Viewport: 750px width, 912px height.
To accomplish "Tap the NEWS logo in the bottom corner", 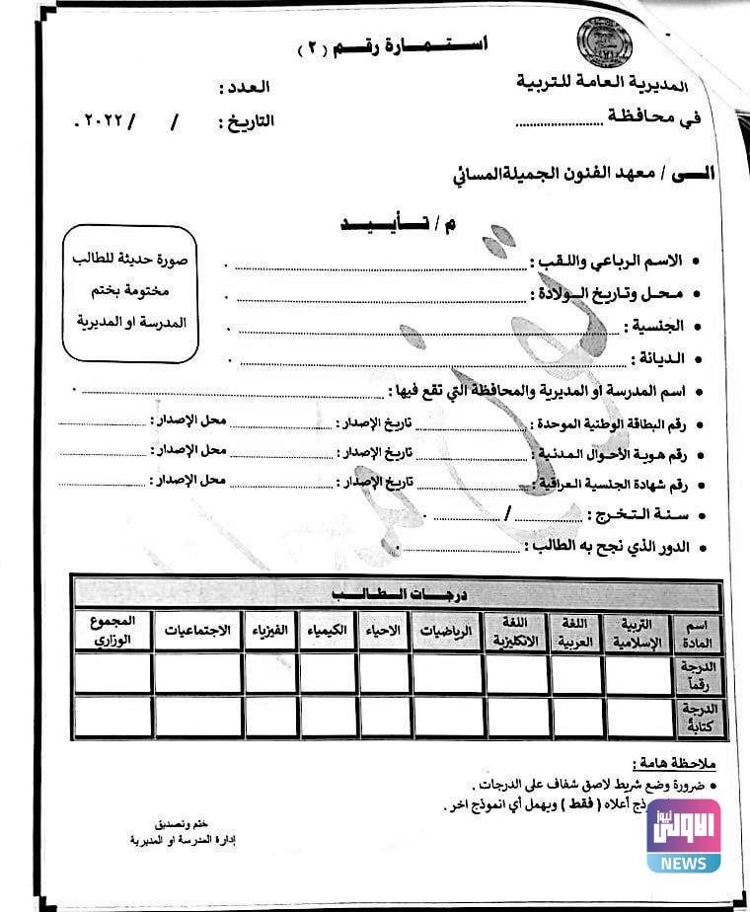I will coord(683,835).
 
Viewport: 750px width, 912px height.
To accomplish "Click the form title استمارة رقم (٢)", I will coord(395,46).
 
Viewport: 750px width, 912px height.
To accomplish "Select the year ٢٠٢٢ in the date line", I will coord(99,122).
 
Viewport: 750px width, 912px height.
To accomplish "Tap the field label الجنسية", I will coord(655,326).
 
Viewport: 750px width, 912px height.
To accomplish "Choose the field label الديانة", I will coord(657,357).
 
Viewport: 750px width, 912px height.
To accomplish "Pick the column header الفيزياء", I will coord(270,631).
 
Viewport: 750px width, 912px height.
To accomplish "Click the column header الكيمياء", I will coord(328,631).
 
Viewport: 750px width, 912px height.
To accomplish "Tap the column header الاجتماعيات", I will coord(197,631).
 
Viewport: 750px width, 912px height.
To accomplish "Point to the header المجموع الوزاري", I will coord(112,631).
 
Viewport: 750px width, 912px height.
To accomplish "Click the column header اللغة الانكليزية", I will coord(516,631).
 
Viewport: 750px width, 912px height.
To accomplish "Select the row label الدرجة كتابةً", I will coord(697,717).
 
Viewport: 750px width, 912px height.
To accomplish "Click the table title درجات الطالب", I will coord(398,594).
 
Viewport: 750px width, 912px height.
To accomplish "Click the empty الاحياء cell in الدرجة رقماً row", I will coord(384,673).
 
